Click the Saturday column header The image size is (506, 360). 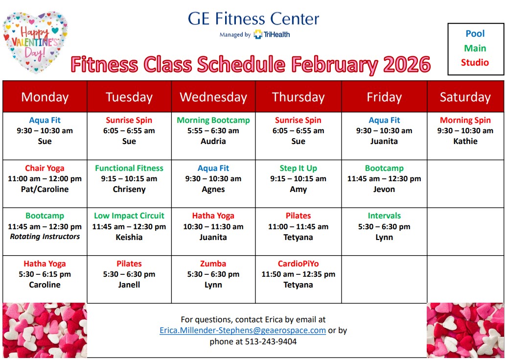click(x=465, y=97)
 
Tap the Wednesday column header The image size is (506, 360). click(x=213, y=97)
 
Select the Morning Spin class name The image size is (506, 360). click(x=465, y=120)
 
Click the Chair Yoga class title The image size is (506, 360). click(x=45, y=168)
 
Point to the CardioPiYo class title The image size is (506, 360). click(x=298, y=264)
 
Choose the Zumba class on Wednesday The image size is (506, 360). click(x=213, y=264)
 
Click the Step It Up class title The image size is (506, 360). click(x=298, y=168)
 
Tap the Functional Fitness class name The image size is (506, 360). click(x=129, y=168)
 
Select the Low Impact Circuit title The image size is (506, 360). click(x=129, y=216)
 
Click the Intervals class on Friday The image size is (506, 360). click(x=384, y=216)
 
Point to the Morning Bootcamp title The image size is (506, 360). click(x=213, y=120)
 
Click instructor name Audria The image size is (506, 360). click(x=213, y=141)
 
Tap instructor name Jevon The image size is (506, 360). click(x=384, y=189)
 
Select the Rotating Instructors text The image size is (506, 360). click(x=45, y=237)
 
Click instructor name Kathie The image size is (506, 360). click(x=465, y=141)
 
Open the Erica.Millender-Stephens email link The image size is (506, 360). click(x=243, y=330)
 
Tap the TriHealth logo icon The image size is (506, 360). click(x=258, y=34)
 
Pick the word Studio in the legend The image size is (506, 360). click(x=475, y=62)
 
